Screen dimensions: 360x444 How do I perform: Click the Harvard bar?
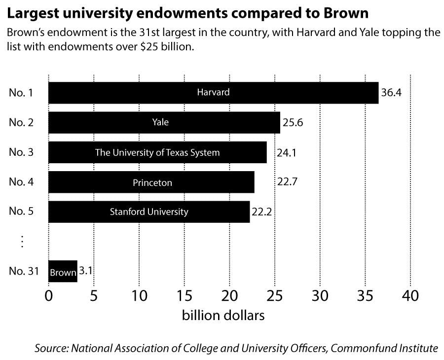point(213,93)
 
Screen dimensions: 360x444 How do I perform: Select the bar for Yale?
point(164,122)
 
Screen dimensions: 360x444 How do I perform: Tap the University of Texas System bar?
point(157,152)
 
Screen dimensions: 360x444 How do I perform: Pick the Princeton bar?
point(151,182)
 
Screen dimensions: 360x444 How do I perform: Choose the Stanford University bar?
point(149,212)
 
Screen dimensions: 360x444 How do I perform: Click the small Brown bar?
point(63,272)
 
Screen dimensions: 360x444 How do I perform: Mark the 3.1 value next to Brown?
point(86,271)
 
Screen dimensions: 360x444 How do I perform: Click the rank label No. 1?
point(21,93)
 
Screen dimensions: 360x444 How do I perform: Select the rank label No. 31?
point(23,272)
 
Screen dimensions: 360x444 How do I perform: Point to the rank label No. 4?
point(21,182)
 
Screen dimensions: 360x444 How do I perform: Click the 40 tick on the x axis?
point(410,296)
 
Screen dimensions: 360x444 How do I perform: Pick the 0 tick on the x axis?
point(48,296)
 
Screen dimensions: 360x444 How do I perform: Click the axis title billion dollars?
point(223,315)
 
